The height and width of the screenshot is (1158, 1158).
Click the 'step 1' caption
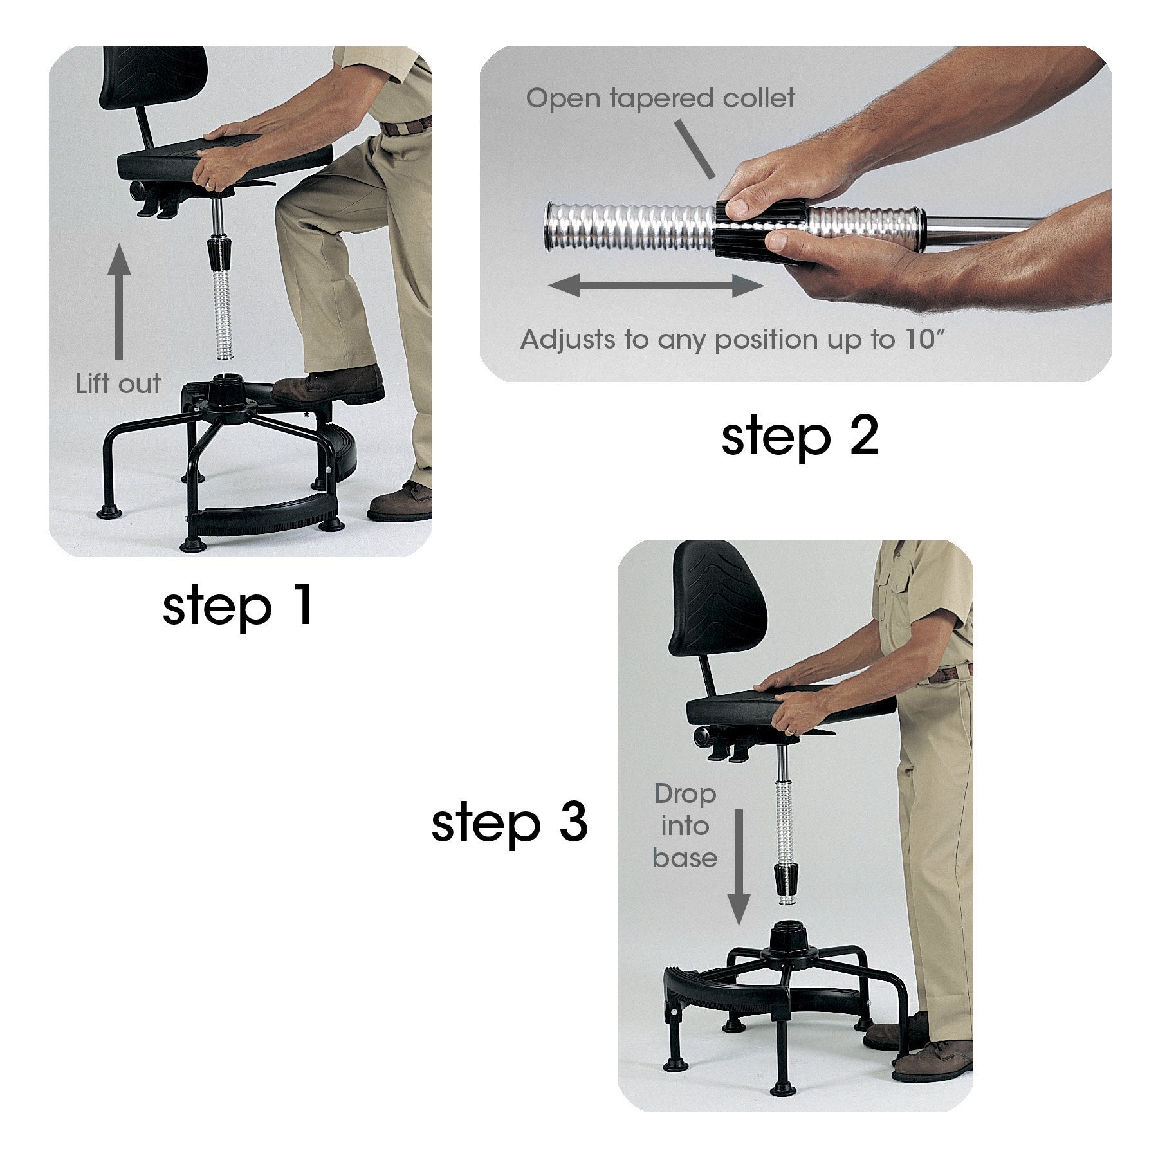pyautogui.click(x=237, y=606)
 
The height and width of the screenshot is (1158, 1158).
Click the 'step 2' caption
pyautogui.click(x=799, y=437)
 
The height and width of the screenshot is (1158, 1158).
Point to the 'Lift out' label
pyautogui.click(x=118, y=384)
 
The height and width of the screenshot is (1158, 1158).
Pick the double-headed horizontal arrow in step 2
pyautogui.click(x=656, y=285)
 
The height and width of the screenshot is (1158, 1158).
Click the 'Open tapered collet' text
pyautogui.click(x=660, y=98)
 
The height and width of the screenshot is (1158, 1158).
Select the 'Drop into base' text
pyautogui.click(x=685, y=826)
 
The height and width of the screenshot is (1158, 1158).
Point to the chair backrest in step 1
pyautogui.click(x=154, y=77)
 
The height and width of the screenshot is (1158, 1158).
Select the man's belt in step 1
pyautogui.click(x=407, y=125)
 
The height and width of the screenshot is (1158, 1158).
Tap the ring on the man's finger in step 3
pyautogui.click(x=789, y=731)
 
